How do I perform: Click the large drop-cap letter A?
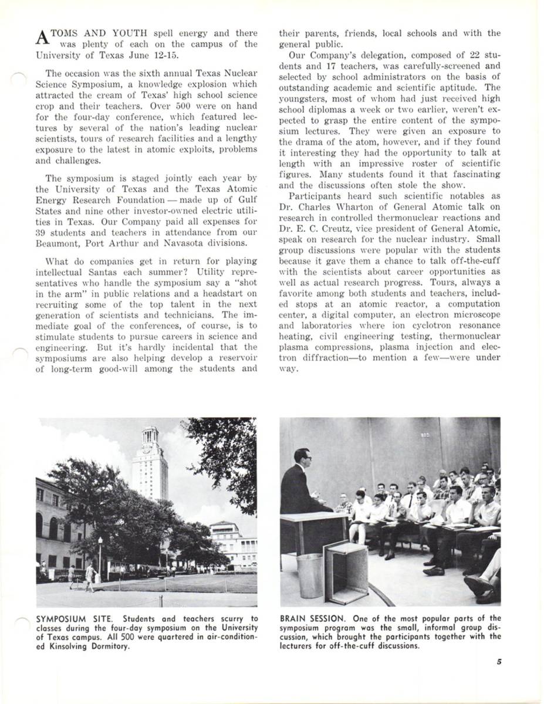[41, 38]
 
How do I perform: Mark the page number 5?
[498, 662]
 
